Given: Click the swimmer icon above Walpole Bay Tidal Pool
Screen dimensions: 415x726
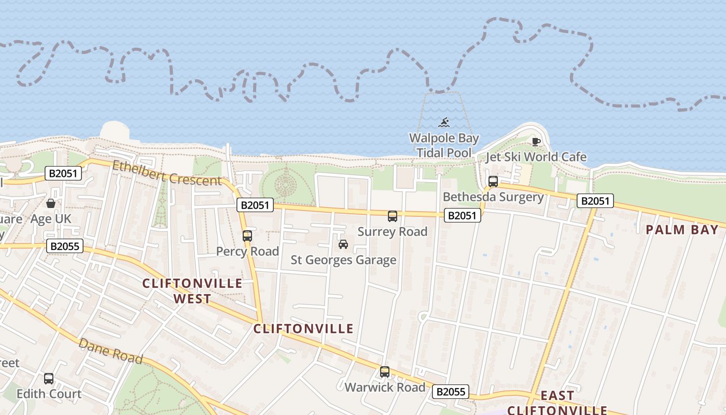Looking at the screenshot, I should (x=444, y=123).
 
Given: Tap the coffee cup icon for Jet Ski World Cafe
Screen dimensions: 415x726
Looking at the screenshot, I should (x=536, y=142).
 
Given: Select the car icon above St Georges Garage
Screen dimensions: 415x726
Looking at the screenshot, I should (x=343, y=244).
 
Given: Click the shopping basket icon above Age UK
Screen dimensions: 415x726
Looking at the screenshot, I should (x=51, y=203).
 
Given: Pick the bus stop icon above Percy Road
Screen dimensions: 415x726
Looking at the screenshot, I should (x=247, y=236).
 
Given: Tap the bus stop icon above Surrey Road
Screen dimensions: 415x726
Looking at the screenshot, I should (x=393, y=216).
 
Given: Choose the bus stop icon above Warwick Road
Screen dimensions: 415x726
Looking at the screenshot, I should (x=384, y=371).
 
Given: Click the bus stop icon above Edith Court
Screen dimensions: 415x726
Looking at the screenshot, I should (x=49, y=378).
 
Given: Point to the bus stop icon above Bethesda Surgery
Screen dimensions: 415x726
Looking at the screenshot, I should (x=493, y=182).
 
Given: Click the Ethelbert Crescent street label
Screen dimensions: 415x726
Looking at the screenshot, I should (x=167, y=173).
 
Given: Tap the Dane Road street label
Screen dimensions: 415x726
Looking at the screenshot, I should (x=110, y=351).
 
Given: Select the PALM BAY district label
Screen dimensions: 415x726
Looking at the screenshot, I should (x=682, y=230).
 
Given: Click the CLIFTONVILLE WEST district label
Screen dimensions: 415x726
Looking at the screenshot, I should (x=192, y=291).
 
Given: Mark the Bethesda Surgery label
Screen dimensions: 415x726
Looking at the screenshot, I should (x=493, y=197).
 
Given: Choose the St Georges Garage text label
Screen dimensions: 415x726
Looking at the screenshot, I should (x=343, y=260).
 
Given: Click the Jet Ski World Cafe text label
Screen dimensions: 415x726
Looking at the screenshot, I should (x=536, y=157).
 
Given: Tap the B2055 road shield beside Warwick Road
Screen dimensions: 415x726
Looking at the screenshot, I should (x=451, y=392).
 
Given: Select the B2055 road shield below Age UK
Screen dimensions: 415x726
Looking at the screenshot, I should (x=65, y=246).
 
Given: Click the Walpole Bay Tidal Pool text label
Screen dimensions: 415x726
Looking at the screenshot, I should (x=444, y=145).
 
